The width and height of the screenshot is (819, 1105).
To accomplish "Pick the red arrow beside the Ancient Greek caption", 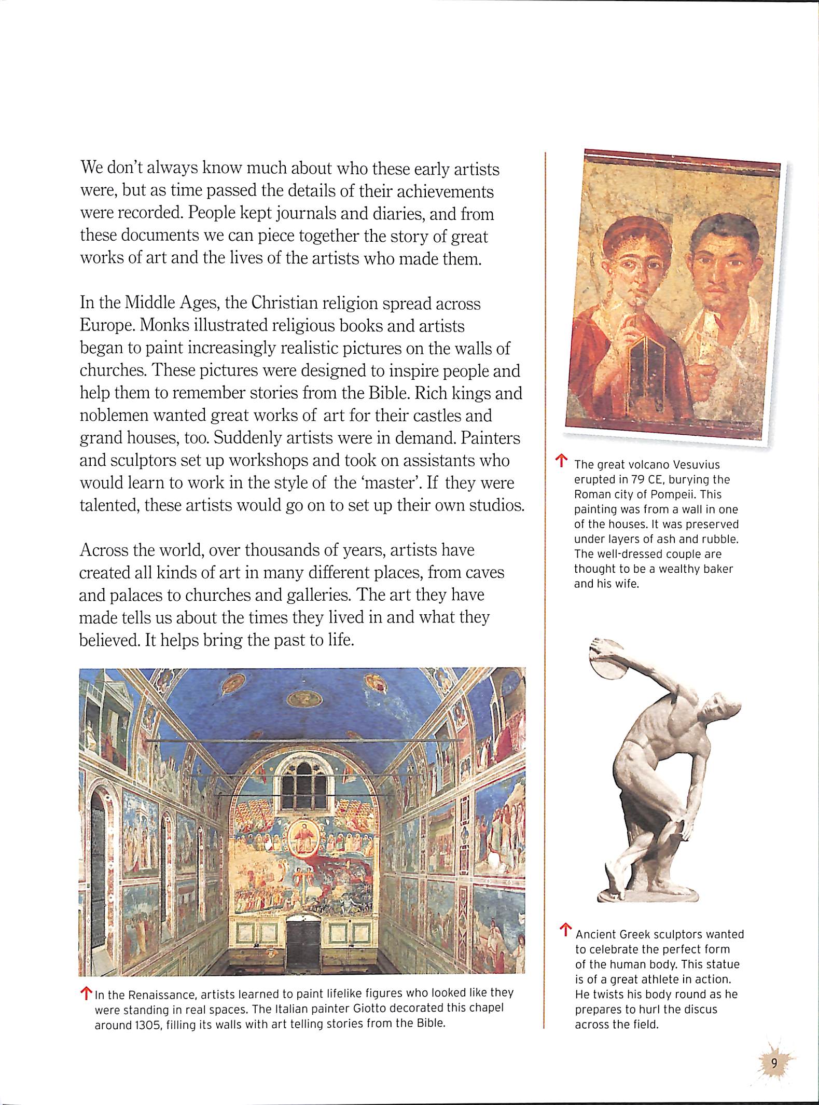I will point(566,929).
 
